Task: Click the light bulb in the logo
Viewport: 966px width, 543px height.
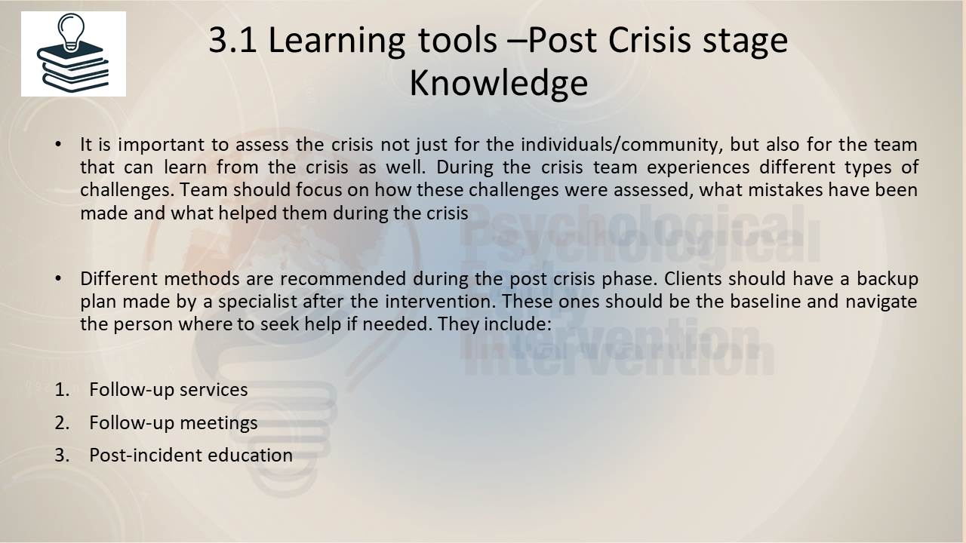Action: click(x=71, y=32)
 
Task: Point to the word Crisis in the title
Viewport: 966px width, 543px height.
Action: click(x=650, y=40)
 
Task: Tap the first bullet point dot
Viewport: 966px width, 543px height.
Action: click(x=58, y=145)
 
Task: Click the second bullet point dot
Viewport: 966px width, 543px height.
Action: click(x=58, y=279)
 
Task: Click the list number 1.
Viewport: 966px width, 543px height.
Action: click(x=62, y=390)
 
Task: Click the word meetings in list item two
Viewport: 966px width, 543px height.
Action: click(x=219, y=423)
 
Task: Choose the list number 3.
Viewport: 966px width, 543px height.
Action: click(x=62, y=456)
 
